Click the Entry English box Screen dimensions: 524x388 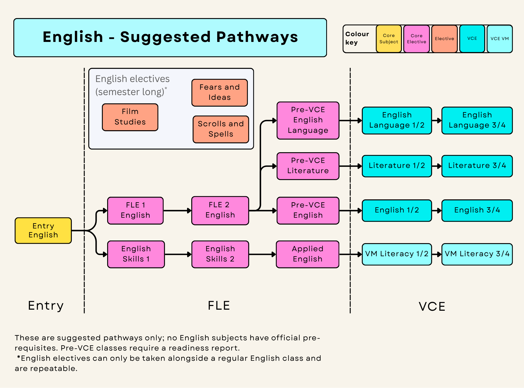43,231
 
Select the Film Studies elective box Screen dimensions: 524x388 130,117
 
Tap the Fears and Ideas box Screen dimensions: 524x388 220,93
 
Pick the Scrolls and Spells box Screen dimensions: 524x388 221,129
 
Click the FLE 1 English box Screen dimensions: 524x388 135,211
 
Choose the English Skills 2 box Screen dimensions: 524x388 220,254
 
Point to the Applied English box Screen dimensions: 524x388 308,254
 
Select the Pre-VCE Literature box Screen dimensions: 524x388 308,166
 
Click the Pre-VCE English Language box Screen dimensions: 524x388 308,121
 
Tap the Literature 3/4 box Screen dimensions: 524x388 477,166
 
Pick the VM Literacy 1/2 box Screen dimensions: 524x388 397,254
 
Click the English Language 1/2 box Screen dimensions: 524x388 397,121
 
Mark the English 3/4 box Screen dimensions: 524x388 477,211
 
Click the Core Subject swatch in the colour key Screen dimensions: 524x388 389,39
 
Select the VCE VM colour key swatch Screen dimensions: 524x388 500,39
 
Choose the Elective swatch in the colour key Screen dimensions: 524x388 444,39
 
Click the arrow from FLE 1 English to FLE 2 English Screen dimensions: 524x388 177,211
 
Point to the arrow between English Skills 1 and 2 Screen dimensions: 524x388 178,254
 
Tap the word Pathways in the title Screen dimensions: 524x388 257,37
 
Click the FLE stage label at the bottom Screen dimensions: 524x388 219,305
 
